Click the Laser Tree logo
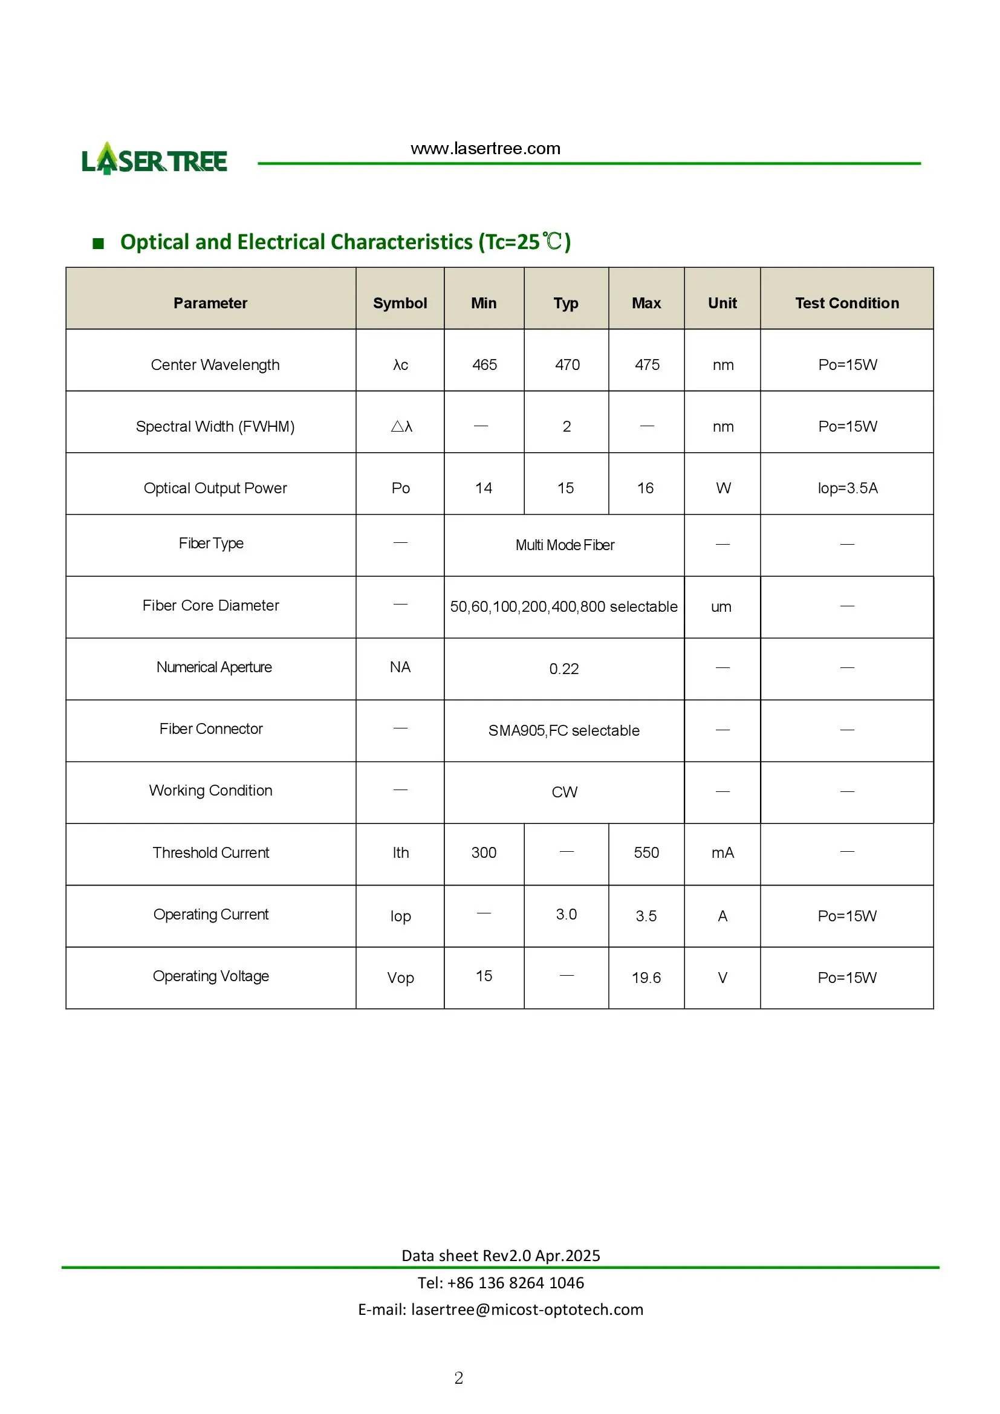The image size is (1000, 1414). click(x=154, y=160)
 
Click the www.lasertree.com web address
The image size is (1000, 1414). click(x=485, y=149)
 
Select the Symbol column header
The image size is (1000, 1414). click(x=400, y=303)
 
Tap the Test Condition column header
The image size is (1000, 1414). click(x=846, y=303)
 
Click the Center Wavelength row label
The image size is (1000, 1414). click(x=215, y=365)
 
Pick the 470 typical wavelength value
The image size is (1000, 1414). click(x=567, y=365)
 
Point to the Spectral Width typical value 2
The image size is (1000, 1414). click(x=567, y=426)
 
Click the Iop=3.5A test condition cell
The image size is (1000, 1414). click(x=847, y=488)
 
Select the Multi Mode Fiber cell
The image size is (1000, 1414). click(x=565, y=545)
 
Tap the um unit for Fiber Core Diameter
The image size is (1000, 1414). click(x=721, y=606)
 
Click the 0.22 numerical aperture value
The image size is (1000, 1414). click(x=564, y=669)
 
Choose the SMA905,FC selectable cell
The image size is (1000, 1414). click(x=563, y=730)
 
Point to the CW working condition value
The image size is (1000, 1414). click(x=564, y=792)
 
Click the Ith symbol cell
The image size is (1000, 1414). click(x=400, y=852)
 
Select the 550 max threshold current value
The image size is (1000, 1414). click(x=646, y=852)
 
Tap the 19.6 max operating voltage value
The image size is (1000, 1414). click(x=646, y=978)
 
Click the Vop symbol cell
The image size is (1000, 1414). click(x=400, y=978)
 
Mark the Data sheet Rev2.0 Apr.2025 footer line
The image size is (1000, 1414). click(x=501, y=1255)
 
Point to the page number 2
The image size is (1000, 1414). click(x=459, y=1378)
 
